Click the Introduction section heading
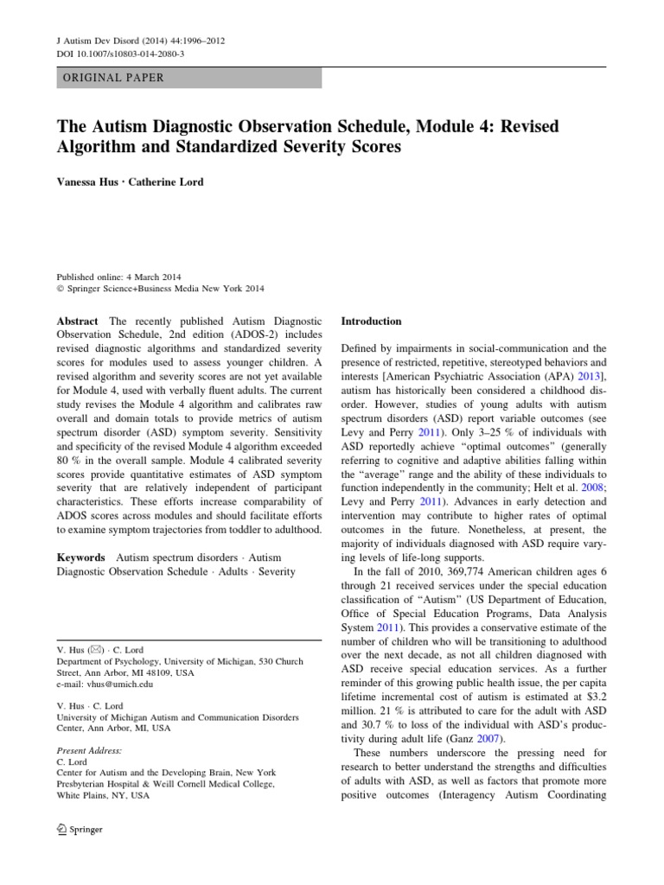coord(372,321)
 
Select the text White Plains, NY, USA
coord(102,796)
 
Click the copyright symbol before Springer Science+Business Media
coord(60,289)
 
